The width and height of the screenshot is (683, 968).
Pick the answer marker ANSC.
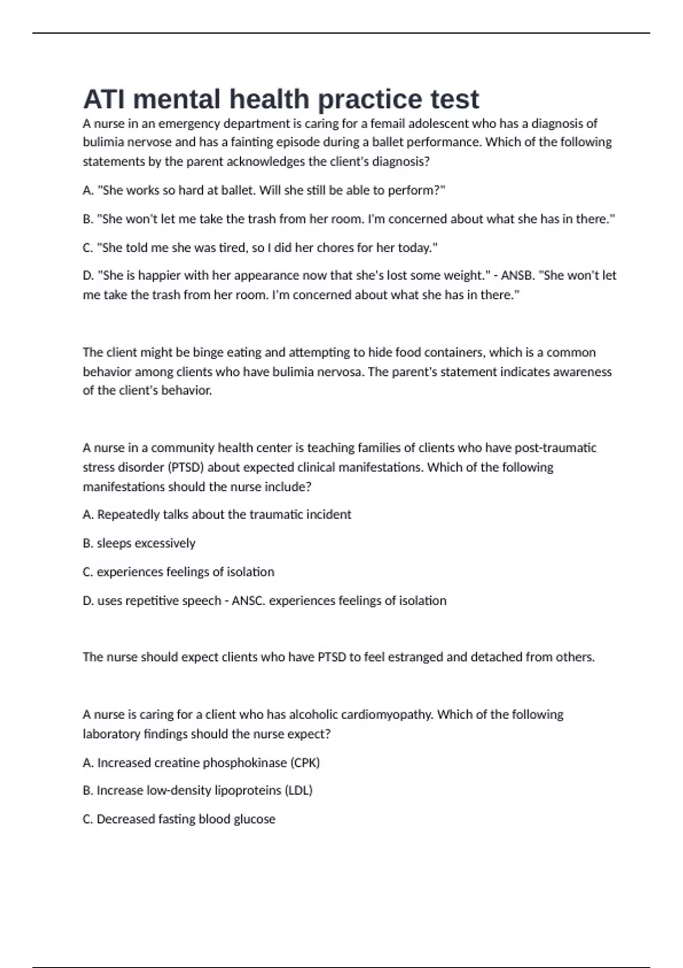[x=248, y=601]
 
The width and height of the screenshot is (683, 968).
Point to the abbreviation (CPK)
[x=305, y=763]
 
